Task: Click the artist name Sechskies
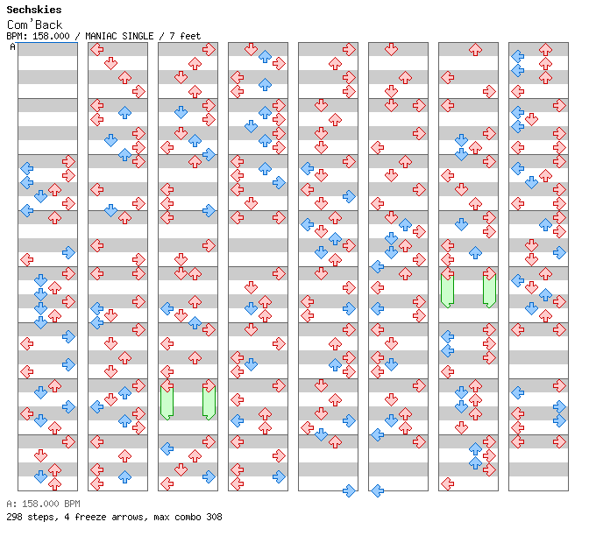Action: tap(34, 10)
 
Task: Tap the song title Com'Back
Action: tap(34, 25)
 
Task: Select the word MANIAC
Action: tap(100, 36)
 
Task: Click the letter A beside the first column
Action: tap(12, 47)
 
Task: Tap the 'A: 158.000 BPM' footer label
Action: tap(43, 504)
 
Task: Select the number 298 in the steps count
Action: tap(14, 517)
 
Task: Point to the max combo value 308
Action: tap(214, 517)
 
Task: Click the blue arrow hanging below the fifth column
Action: tap(349, 490)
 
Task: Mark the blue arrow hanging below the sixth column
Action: tap(377, 490)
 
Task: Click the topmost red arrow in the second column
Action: tap(97, 49)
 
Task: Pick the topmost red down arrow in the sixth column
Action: tap(391, 49)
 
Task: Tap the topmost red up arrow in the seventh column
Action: tap(475, 49)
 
